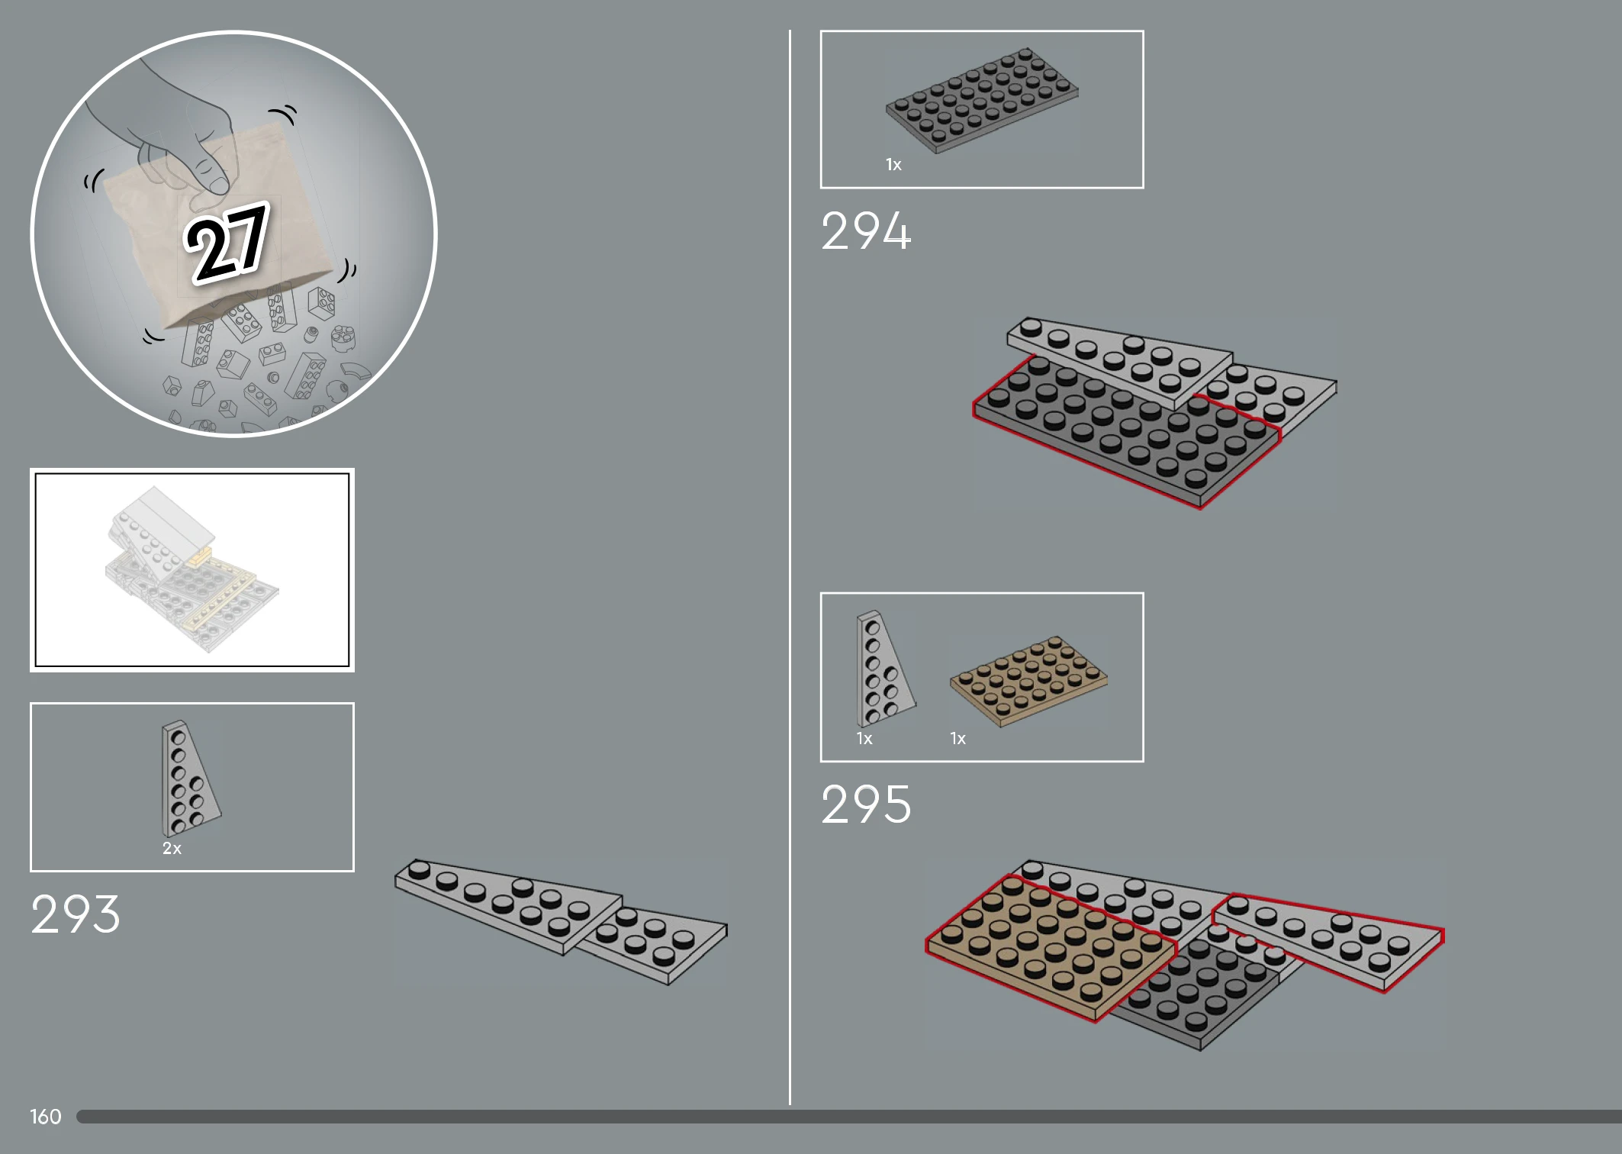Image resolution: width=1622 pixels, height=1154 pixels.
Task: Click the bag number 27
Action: tap(227, 242)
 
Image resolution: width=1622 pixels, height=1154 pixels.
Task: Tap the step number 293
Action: tap(76, 914)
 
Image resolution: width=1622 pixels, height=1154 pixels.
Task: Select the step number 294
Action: tap(866, 230)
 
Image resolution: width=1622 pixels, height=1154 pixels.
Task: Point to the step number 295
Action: tap(866, 804)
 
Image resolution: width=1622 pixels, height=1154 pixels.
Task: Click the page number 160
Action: tap(46, 1117)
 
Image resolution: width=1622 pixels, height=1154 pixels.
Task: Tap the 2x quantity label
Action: tap(172, 848)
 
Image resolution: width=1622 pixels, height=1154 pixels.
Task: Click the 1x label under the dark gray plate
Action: tap(893, 164)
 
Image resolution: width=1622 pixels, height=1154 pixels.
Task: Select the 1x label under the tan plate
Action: tap(957, 738)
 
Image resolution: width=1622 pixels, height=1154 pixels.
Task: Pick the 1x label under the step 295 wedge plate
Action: tap(864, 738)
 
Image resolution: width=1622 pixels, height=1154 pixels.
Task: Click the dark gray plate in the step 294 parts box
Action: tap(982, 101)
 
